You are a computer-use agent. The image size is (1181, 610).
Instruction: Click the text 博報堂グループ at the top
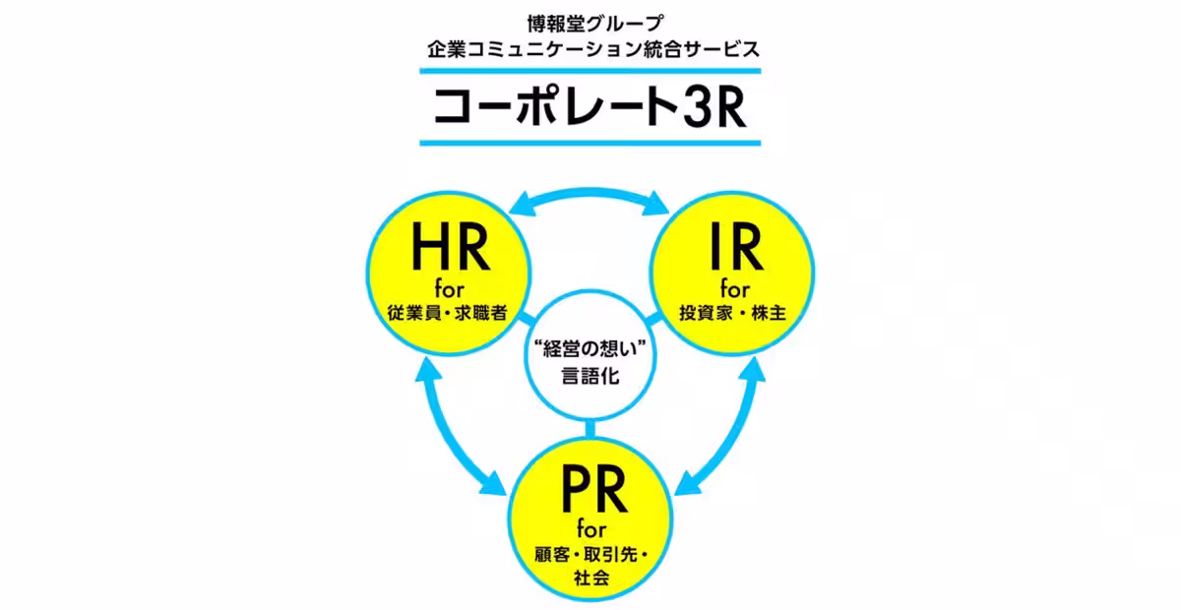click(590, 19)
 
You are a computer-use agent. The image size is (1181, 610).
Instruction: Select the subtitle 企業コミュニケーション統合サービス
click(590, 46)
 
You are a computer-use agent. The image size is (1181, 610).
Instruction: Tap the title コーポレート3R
click(590, 108)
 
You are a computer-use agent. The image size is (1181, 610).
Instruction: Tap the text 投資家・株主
click(733, 314)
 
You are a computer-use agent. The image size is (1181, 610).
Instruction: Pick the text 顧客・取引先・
click(590, 557)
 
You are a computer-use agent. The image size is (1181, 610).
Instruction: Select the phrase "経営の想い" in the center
click(590, 348)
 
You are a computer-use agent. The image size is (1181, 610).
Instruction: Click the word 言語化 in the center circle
click(590, 376)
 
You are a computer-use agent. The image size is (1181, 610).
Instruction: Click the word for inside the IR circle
click(733, 289)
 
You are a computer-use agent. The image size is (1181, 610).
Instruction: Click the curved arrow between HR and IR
click(590, 191)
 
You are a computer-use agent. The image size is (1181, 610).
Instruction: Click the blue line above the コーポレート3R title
click(590, 71)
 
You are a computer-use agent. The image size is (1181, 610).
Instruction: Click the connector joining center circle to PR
click(590, 431)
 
